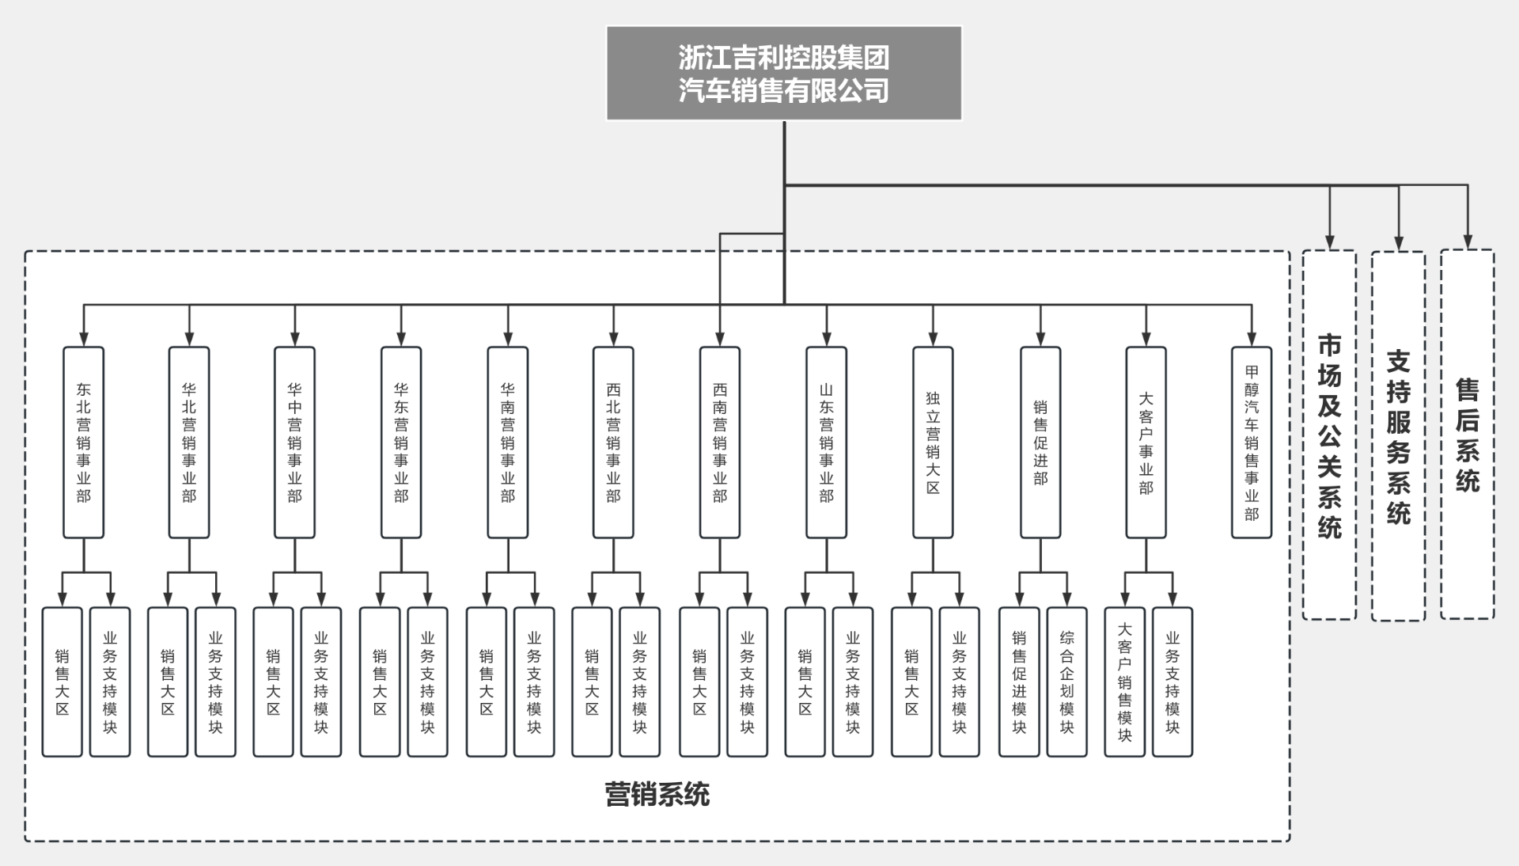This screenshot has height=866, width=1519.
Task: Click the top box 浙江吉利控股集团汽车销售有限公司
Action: [783, 74]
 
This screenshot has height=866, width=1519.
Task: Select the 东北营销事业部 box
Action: [83, 442]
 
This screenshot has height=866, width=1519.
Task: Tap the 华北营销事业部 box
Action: [189, 442]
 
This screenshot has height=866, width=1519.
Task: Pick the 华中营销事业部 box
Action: [294, 442]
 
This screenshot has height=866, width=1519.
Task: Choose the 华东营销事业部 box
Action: [401, 442]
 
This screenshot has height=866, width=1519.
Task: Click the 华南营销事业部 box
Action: [507, 442]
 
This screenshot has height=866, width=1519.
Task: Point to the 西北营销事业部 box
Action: [613, 442]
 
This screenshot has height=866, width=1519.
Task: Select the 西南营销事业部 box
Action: [720, 442]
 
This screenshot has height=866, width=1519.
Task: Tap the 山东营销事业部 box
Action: [826, 442]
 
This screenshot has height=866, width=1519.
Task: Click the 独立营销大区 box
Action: [933, 442]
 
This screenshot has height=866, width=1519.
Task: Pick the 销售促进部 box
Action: [1040, 442]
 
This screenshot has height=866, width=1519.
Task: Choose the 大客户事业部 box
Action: [1146, 442]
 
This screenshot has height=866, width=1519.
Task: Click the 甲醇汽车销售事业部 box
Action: [1252, 442]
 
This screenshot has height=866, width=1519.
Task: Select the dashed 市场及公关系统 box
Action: [1329, 435]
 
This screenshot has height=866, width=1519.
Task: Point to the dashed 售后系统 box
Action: [1467, 435]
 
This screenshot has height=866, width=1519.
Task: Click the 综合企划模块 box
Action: [1066, 682]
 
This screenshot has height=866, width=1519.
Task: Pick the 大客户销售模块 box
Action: [1124, 682]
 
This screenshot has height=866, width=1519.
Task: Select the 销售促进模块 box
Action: [1019, 682]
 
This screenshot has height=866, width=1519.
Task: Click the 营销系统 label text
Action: [657, 794]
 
